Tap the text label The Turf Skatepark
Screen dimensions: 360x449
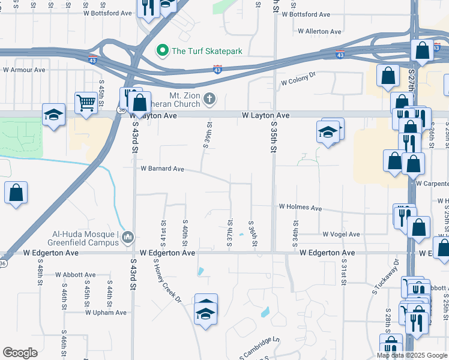[x=206, y=51]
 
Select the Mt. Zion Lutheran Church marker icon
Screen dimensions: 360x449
[x=209, y=98]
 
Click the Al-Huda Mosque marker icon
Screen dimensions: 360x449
[x=127, y=238]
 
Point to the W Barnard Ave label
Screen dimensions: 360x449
[x=162, y=169]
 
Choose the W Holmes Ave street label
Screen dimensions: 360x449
[x=300, y=208]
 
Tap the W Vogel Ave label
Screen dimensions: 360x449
[x=341, y=234]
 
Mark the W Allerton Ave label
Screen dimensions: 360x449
[x=319, y=31]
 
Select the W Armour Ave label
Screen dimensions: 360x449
[x=24, y=70]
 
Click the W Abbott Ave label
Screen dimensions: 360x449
[x=75, y=275]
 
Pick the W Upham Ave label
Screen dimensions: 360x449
[x=106, y=313]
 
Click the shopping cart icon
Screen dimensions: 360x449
[x=86, y=103]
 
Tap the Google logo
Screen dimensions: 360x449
[x=20, y=353]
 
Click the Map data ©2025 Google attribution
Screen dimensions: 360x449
[x=412, y=355]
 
